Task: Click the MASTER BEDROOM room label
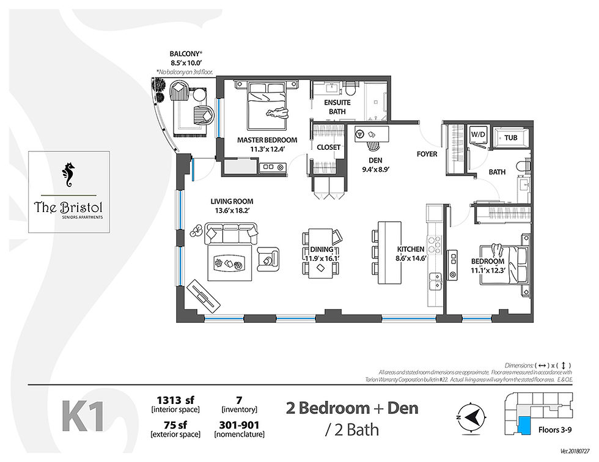click(x=267, y=140)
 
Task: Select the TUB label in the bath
click(x=510, y=139)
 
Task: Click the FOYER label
click(x=427, y=154)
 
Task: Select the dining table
click(x=321, y=252)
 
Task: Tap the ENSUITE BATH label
click(x=336, y=108)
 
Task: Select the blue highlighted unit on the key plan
click(x=525, y=425)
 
